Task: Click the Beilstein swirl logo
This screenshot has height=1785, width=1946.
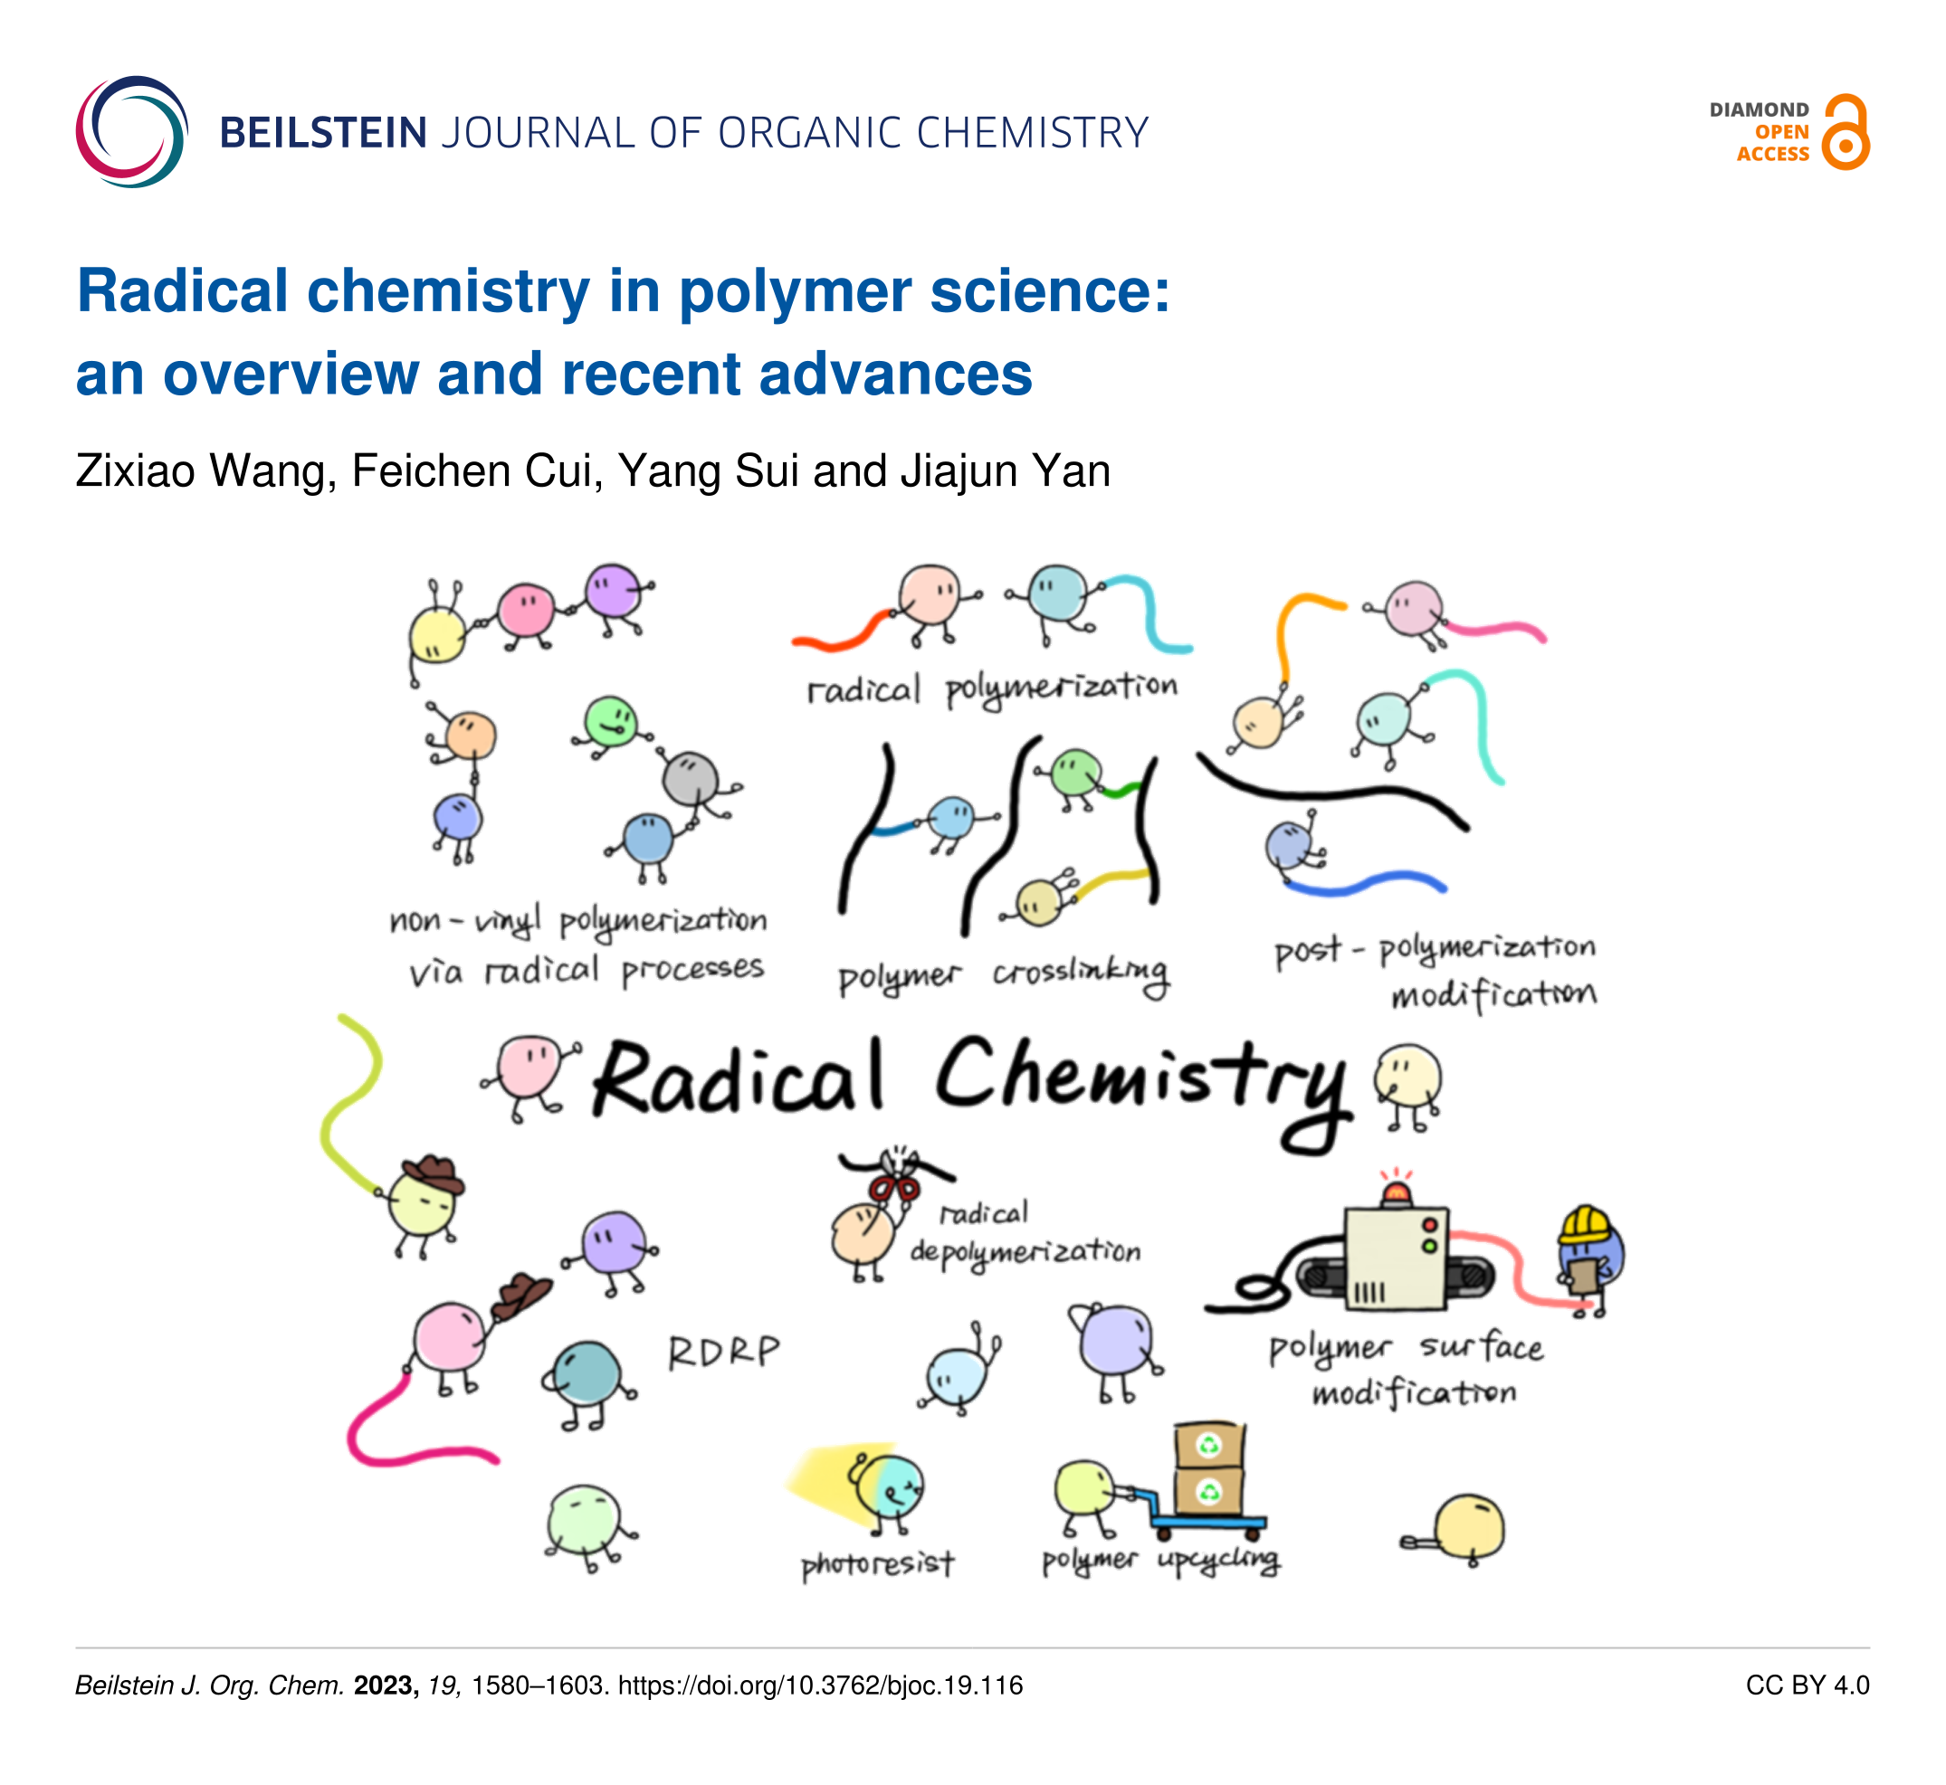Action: pyautogui.click(x=132, y=131)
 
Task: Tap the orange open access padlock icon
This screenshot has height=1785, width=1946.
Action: pyautogui.click(x=1846, y=132)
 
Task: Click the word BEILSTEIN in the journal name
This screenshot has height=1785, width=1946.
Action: pyautogui.click(x=324, y=132)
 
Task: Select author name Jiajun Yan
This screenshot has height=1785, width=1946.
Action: pyautogui.click(x=1005, y=471)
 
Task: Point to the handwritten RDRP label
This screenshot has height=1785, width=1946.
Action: pyautogui.click(x=724, y=1353)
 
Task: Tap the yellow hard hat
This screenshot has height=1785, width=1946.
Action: pyautogui.click(x=1584, y=1225)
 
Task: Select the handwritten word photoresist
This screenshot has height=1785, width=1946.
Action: pyautogui.click(x=877, y=1564)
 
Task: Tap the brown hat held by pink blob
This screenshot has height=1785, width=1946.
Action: pyautogui.click(x=521, y=1296)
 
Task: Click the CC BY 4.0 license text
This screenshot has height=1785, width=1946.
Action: pyautogui.click(x=1808, y=1685)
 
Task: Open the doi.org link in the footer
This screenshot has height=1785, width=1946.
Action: pyautogui.click(x=820, y=1686)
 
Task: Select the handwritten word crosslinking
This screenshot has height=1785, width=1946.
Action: pyautogui.click(x=1080, y=975)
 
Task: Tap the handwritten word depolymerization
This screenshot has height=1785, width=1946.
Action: pyautogui.click(x=1025, y=1253)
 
